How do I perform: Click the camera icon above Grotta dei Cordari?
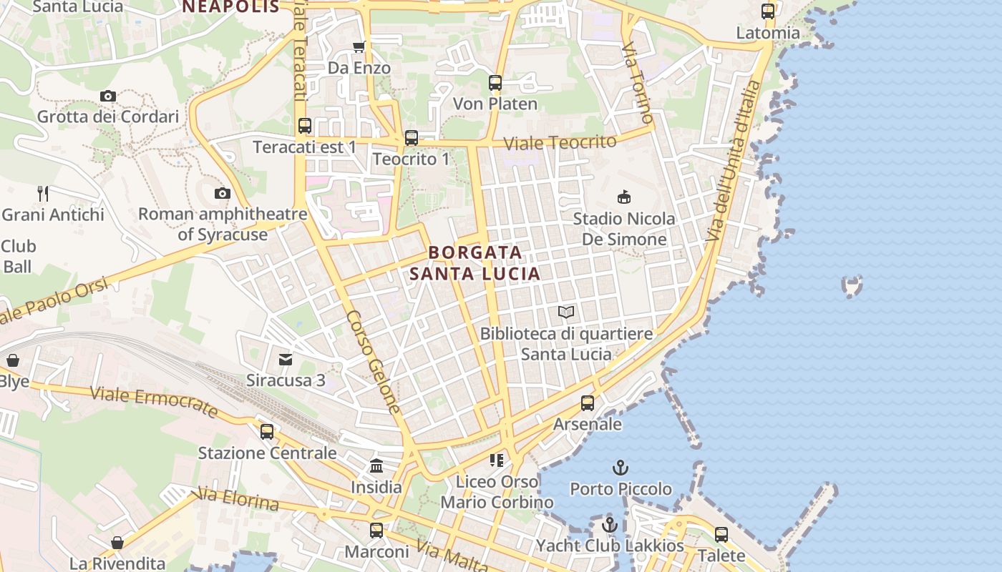click(108, 96)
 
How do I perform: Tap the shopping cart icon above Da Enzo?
click(359, 47)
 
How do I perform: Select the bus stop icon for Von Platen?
click(495, 83)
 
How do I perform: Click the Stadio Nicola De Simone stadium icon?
click(624, 197)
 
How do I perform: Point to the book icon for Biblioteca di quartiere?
click(566, 312)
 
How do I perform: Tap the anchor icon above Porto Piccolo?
click(621, 468)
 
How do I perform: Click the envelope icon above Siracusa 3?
click(286, 359)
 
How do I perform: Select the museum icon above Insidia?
click(376, 466)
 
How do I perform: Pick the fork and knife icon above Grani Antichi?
click(43, 193)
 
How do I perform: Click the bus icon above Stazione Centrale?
click(267, 431)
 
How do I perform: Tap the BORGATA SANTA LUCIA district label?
click(475, 263)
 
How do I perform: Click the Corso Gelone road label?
click(373, 362)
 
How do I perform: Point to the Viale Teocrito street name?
click(560, 142)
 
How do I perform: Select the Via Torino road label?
click(638, 82)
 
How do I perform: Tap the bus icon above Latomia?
click(768, 11)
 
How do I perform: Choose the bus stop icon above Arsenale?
click(588, 403)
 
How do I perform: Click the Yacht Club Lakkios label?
click(610, 546)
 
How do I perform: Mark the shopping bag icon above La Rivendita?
click(117, 543)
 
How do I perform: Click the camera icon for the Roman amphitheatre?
click(223, 193)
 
